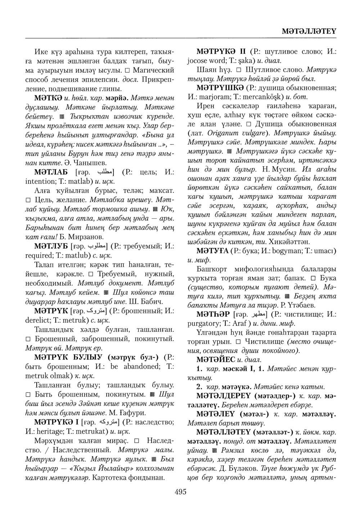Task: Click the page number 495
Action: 180,491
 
